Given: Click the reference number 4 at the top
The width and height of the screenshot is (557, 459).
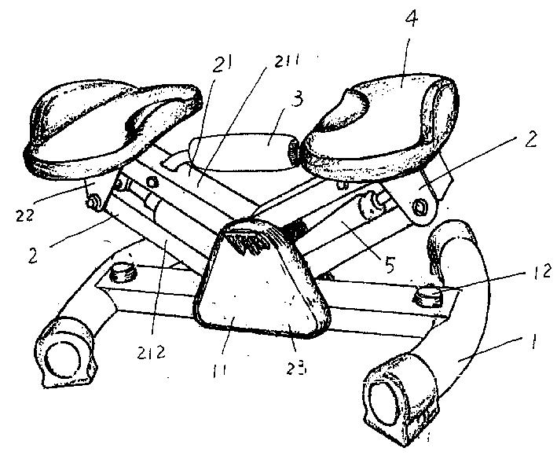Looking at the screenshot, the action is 411,19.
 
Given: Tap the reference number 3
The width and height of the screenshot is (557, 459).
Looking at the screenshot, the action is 296,101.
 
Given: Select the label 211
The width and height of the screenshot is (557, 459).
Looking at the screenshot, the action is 287,61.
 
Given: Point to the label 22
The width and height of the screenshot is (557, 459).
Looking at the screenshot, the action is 24,215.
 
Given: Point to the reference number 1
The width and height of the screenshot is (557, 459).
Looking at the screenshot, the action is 532,340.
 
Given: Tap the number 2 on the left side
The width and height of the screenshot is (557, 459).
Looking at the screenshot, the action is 33,255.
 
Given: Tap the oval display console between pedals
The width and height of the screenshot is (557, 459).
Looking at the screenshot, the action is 244,152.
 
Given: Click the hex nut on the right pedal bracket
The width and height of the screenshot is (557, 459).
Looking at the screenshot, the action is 420,207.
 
